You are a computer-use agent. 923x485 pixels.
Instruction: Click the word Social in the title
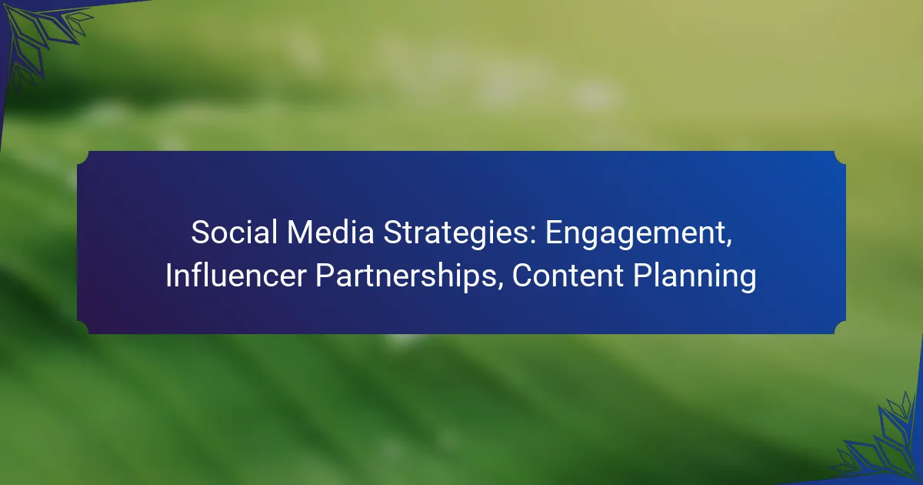pyautogui.click(x=234, y=232)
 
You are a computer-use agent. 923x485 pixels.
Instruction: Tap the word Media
pyautogui.click(x=331, y=232)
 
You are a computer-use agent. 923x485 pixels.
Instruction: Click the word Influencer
pyautogui.click(x=235, y=276)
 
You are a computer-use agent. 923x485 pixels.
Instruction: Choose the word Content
pyautogui.click(x=568, y=276)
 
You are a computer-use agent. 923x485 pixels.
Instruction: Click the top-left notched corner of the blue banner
pyautogui.click(x=83, y=157)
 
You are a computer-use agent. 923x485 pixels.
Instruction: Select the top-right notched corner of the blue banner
pyautogui.click(x=840, y=157)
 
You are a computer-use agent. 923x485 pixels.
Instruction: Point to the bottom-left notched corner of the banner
pyautogui.click(x=83, y=328)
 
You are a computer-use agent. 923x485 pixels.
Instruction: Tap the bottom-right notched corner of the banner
pyautogui.click(x=840, y=328)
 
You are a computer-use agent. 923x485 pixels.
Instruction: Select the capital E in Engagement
pyautogui.click(x=555, y=232)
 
